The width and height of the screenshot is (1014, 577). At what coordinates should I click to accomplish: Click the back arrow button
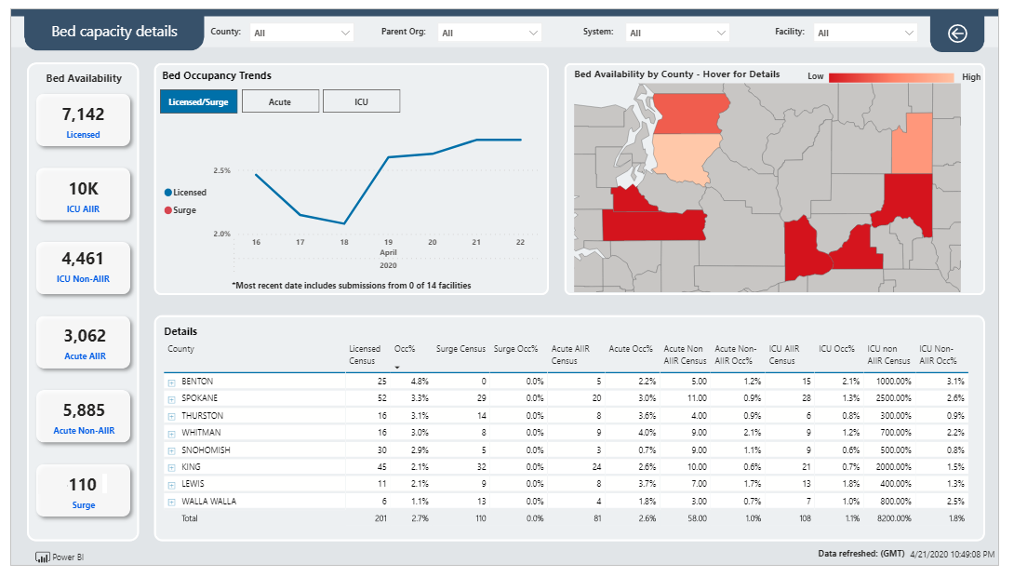click(957, 33)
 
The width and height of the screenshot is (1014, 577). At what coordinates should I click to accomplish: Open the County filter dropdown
click(301, 33)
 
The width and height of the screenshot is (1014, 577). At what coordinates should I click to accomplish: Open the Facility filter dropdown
click(864, 33)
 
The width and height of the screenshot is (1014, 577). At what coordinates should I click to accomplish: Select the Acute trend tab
click(280, 101)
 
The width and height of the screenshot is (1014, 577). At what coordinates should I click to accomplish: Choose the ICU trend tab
click(361, 101)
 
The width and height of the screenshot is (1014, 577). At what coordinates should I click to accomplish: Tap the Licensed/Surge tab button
click(198, 101)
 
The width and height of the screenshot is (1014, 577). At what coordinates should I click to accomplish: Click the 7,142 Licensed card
click(84, 121)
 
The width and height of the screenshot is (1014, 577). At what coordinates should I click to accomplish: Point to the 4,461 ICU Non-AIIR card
click(84, 268)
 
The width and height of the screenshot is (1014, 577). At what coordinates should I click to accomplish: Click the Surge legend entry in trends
click(180, 210)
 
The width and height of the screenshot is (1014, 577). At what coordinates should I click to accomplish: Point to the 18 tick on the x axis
click(344, 242)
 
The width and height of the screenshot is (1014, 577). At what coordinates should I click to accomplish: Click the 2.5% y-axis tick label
click(221, 170)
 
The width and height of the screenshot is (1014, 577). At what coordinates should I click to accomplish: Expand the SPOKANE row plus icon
click(171, 399)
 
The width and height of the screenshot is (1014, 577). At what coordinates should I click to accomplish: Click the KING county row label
click(191, 466)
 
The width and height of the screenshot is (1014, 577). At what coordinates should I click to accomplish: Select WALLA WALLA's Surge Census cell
click(481, 501)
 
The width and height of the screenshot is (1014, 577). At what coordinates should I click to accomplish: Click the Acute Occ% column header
click(631, 349)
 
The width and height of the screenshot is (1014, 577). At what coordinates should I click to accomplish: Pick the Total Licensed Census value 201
click(380, 518)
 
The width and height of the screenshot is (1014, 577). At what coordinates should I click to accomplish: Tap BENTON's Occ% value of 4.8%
click(420, 381)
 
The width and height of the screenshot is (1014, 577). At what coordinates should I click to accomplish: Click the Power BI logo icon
click(43, 557)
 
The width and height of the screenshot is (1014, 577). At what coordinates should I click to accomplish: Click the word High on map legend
click(970, 77)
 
